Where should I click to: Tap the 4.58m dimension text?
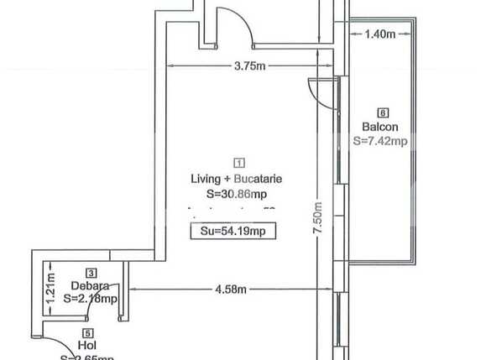point(230,290)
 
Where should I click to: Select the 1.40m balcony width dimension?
point(381,34)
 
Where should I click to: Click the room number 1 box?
point(239,164)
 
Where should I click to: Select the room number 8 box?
point(383,112)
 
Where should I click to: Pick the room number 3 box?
point(90,272)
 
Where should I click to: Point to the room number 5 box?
point(87,332)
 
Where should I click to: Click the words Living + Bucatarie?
point(240,179)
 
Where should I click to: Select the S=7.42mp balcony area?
point(380,141)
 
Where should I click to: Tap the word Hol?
point(86,345)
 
